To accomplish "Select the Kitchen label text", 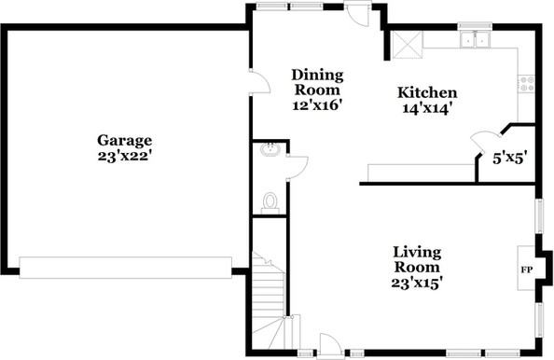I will pos(427,92).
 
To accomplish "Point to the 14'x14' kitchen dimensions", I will pos(427,107).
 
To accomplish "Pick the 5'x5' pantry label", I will pos(510,158).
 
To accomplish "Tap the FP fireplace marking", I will pos(526,270).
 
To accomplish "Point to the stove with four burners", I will pos(528,83).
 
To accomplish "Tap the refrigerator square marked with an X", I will pos(407,44).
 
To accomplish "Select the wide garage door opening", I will pos(124,267).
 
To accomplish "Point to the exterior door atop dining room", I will pos(355,16).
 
